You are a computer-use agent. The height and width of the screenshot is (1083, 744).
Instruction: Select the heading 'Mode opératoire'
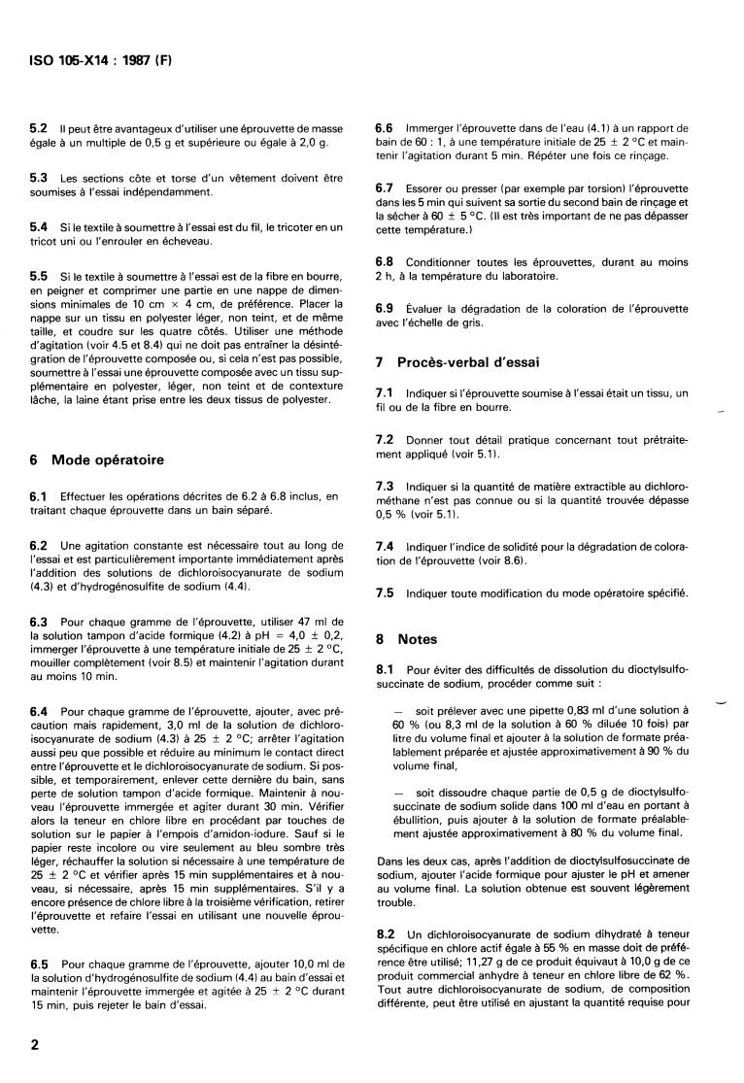tap(107, 459)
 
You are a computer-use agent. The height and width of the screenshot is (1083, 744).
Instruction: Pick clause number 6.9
tap(385, 308)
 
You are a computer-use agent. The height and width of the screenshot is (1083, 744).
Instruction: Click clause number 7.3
tap(385, 485)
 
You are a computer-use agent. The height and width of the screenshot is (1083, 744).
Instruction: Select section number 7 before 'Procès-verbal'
tap(380, 362)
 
